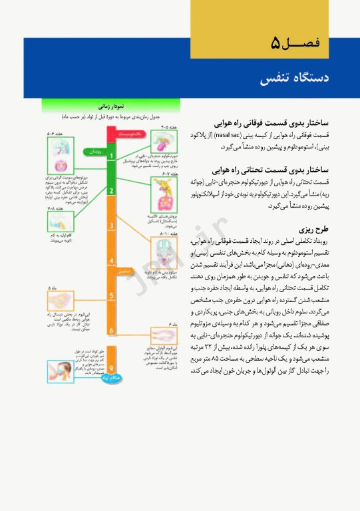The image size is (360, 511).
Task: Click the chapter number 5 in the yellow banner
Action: [x=275, y=44]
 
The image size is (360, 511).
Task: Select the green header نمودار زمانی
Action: [x=110, y=105]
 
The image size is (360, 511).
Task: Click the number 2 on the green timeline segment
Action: [x=111, y=190]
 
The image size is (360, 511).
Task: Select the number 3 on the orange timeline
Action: [x=111, y=226]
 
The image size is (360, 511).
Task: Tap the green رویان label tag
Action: [x=93, y=151]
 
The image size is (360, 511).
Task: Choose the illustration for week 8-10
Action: [x=162, y=252]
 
